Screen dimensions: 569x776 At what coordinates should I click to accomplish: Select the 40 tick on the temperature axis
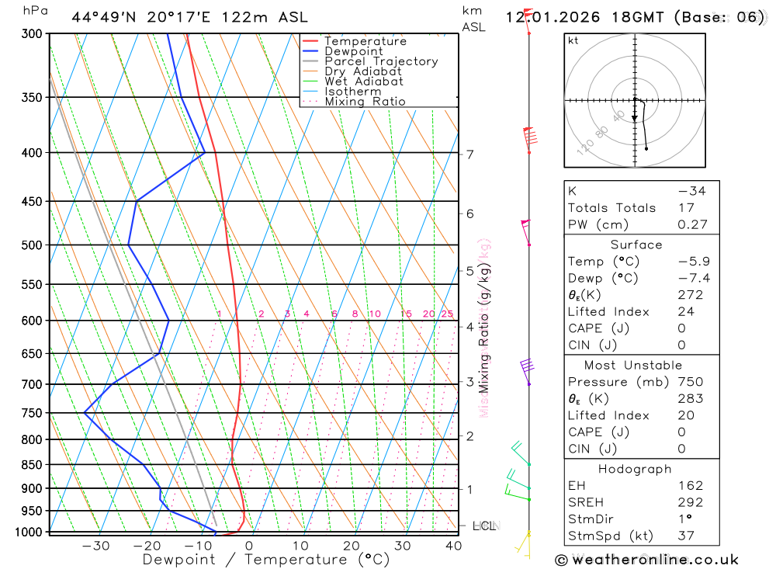453,546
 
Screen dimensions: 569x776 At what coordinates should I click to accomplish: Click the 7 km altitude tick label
470,154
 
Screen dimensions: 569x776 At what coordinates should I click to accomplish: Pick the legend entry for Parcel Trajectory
381,61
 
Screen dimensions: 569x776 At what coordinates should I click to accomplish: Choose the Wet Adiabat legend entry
364,82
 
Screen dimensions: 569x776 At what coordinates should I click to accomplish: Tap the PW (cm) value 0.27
693,224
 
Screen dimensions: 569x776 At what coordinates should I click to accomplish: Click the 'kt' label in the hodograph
573,41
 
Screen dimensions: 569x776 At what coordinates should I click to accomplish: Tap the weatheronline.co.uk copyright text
646,560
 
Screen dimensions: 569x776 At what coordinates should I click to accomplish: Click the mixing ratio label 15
406,314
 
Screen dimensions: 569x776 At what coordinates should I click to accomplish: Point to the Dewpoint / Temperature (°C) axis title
266,560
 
